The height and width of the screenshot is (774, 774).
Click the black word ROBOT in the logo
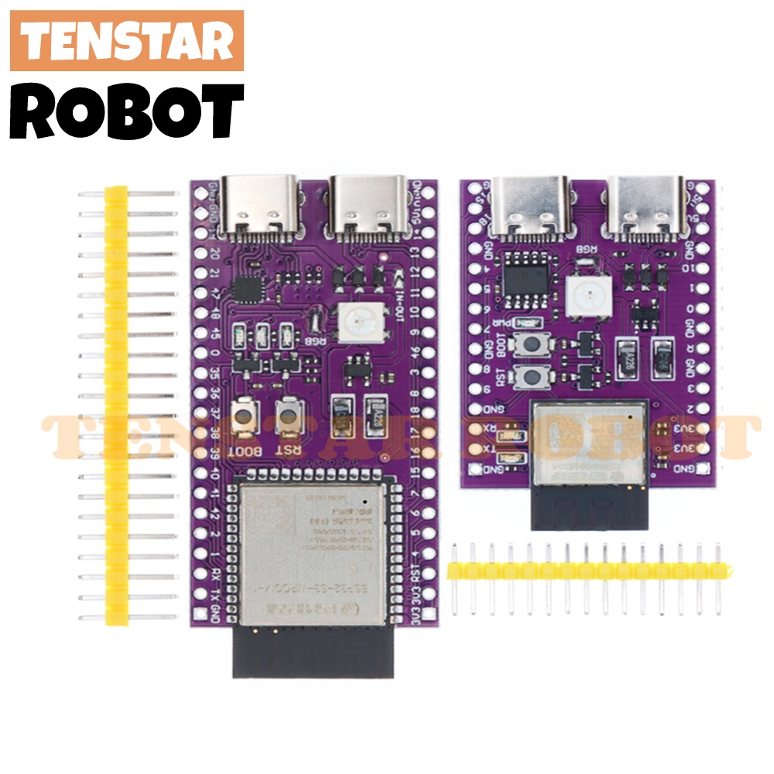pos(127,112)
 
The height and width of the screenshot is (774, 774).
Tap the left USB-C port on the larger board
pos(259,204)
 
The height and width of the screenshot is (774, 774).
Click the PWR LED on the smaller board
pos(530,324)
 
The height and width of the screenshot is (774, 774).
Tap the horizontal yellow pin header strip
pos(588,570)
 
